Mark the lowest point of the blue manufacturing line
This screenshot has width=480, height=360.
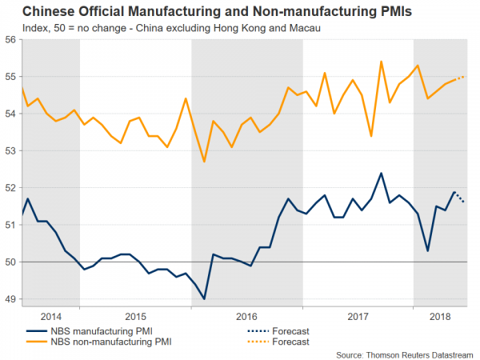click(x=204, y=298)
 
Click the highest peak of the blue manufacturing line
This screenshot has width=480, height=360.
click(x=381, y=173)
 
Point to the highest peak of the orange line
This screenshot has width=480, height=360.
click(x=381, y=62)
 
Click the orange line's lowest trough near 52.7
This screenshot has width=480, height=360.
click(x=204, y=162)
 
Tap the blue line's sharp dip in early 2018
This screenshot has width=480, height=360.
click(x=427, y=250)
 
